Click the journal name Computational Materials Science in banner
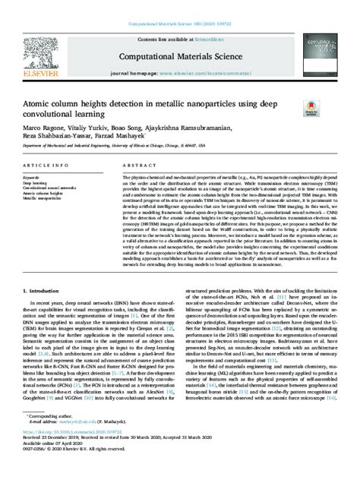point(180,55)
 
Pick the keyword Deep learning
point(37,183)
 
